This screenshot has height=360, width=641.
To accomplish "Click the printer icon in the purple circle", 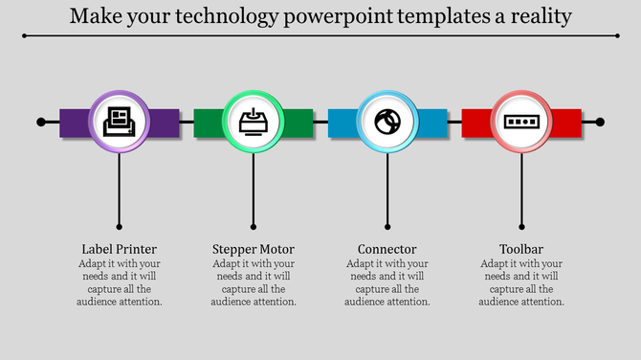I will point(120,123).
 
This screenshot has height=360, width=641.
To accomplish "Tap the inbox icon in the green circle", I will point(254,123).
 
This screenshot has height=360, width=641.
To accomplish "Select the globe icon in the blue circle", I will point(387,123).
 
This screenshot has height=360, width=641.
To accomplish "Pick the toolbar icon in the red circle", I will point(521,123).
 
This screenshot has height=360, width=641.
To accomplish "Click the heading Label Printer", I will point(120,250).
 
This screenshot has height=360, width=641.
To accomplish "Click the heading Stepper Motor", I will point(254,250).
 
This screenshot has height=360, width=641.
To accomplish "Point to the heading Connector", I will point(387,250).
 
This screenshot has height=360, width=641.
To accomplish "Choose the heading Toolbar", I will point(521,250).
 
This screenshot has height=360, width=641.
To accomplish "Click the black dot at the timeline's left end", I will point(41,123).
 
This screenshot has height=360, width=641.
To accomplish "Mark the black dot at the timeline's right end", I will point(600,123).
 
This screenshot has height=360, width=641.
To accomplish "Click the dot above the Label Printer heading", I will point(120,228).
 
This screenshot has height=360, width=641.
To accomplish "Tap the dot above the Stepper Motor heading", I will point(254,228).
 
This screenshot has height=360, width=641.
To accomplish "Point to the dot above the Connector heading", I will point(387,228).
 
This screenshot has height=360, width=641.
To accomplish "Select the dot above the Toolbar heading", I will point(521,228).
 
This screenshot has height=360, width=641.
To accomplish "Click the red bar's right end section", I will point(566,123).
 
